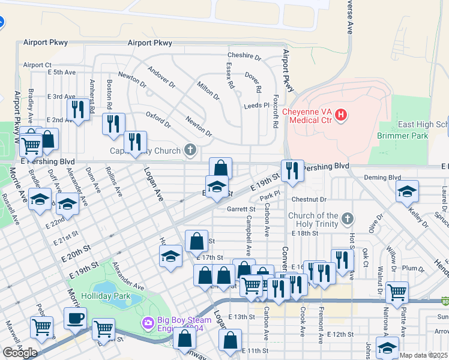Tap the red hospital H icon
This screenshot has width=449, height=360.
[341, 114]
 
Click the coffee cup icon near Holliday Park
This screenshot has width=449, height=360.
[75, 318]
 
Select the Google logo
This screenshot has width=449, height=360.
[20, 353]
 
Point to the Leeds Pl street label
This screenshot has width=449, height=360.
[257, 105]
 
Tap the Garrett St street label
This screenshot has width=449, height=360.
[241, 209]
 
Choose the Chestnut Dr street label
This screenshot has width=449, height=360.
[309, 199]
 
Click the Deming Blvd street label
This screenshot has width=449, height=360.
[386, 178]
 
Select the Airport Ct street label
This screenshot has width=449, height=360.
[37, 65]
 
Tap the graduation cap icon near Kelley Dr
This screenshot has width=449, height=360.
[407, 191]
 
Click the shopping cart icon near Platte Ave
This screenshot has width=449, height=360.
[397, 292]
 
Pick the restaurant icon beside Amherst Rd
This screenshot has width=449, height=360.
[77, 109]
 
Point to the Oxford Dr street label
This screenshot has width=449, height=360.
[158, 119]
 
